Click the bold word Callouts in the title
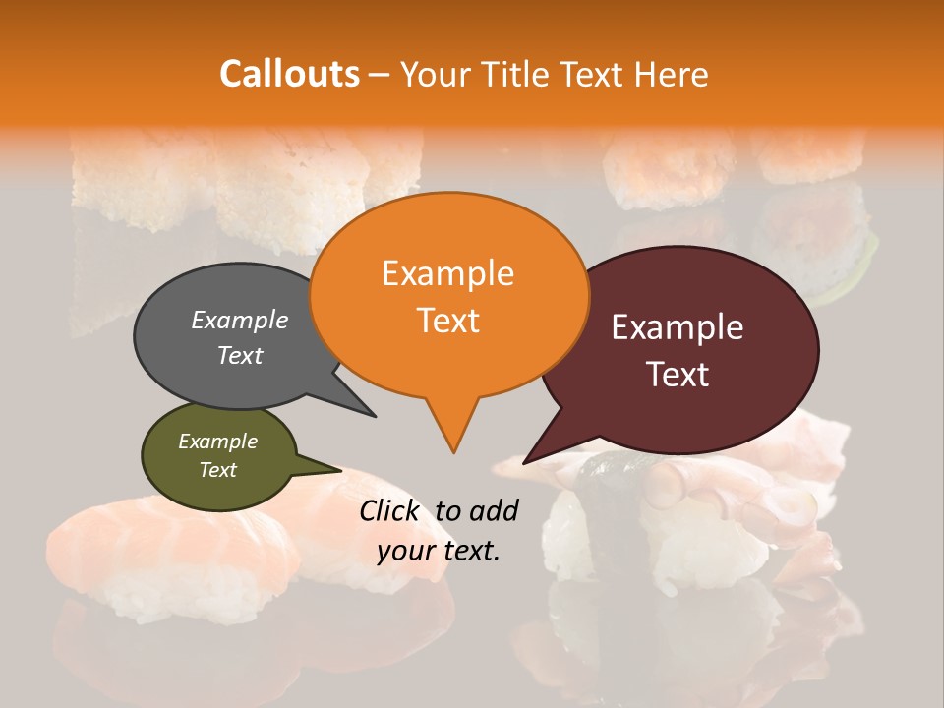pyautogui.click(x=289, y=74)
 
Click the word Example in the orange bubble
pyautogui.click(x=447, y=273)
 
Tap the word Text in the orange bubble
pyautogui.click(x=447, y=321)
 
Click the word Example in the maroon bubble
pyautogui.click(x=678, y=327)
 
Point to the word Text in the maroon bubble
pyautogui.click(x=678, y=375)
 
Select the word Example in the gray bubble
pyautogui.click(x=239, y=320)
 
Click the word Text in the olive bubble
pyautogui.click(x=217, y=470)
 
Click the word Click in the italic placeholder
pyautogui.click(x=390, y=510)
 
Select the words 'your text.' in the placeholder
pyautogui.click(x=439, y=552)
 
